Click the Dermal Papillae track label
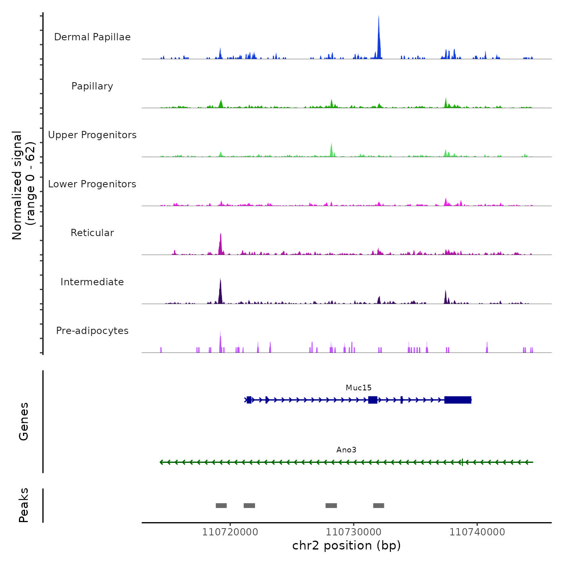coord(92,37)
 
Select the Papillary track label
coord(92,86)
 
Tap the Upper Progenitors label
coord(92,135)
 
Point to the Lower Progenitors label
coord(92,184)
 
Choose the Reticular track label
coord(92,233)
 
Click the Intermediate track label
coord(92,282)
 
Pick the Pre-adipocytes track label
coord(92,331)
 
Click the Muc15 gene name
coord(359,388)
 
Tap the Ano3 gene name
coord(346,450)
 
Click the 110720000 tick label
coord(230,532)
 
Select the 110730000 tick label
coord(354,532)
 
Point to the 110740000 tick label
coord(477,532)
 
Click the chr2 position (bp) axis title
coord(346,546)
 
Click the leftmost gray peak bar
coord(221,506)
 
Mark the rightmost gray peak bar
coord(379,506)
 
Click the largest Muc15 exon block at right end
coord(458,400)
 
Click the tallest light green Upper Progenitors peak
coord(332,149)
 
